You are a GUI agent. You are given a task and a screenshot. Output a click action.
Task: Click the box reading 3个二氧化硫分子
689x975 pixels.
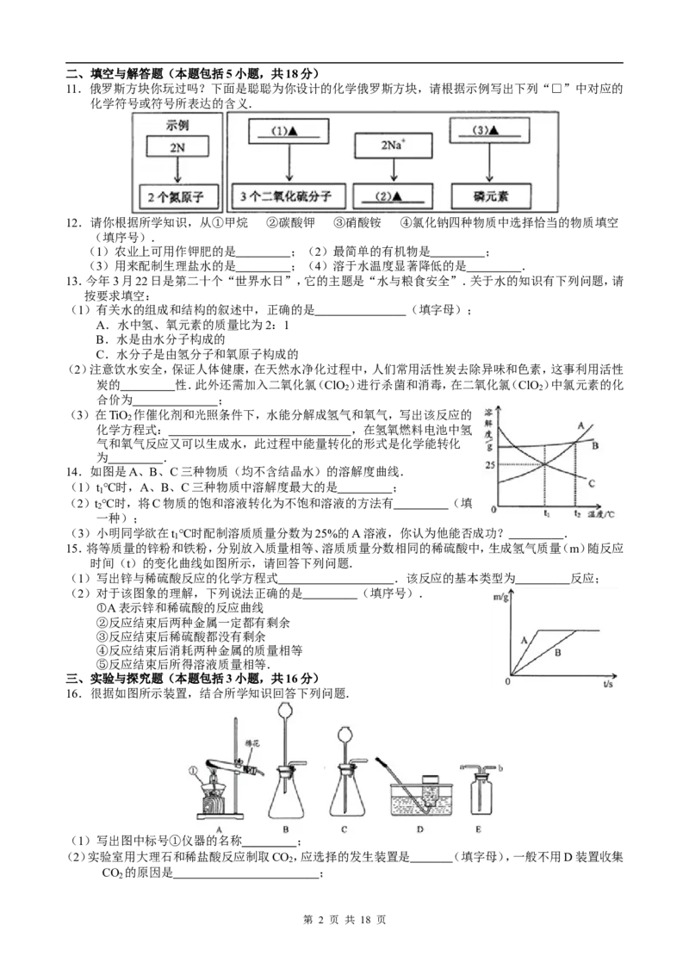289,197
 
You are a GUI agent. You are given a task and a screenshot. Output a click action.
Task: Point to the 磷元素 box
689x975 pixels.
489,197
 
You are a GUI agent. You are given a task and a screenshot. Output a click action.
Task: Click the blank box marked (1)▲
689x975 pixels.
289,132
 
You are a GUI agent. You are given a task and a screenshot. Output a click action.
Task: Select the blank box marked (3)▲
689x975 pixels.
489,130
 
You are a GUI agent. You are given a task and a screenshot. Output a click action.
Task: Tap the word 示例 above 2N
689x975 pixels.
176,125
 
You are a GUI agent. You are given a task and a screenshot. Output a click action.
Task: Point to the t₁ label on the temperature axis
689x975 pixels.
545,514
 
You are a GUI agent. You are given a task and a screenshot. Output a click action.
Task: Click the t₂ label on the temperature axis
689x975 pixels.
577,514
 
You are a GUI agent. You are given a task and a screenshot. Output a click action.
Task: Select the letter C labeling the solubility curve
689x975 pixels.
593,485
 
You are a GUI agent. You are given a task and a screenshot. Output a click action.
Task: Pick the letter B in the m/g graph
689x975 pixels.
558,654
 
